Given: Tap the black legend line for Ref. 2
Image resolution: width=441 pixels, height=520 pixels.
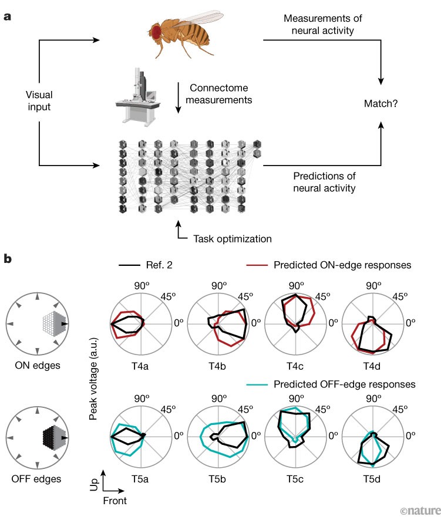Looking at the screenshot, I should pyautogui.click(x=127, y=265).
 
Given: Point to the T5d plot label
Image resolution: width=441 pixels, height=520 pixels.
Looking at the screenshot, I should pyautogui.click(x=372, y=478).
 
